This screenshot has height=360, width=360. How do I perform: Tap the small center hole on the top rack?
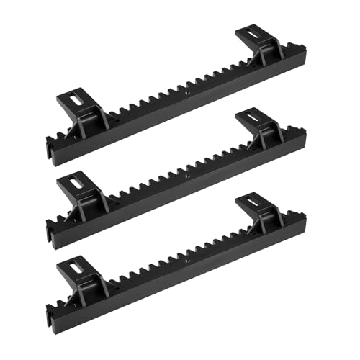[x=186, y=92]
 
